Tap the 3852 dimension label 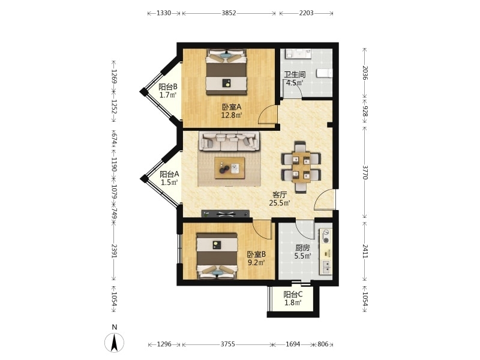pos(229,13)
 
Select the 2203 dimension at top pos(306,13)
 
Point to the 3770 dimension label pos(365,172)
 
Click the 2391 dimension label pos(114,251)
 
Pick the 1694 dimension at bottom pos(293,344)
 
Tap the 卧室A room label pos(232,107)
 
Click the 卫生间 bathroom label pos(295,74)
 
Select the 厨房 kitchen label pos(302,248)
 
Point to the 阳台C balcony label pos(293,295)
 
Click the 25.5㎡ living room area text pos(280,203)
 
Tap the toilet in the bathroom pos(324,73)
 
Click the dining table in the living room pos(301,167)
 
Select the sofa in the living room pos(229,141)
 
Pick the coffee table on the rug pos(230,168)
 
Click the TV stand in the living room pos(226,214)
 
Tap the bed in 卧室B pos(217,256)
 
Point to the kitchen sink pos(325,267)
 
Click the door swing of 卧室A pos(268,115)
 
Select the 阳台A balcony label pos(169,175)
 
